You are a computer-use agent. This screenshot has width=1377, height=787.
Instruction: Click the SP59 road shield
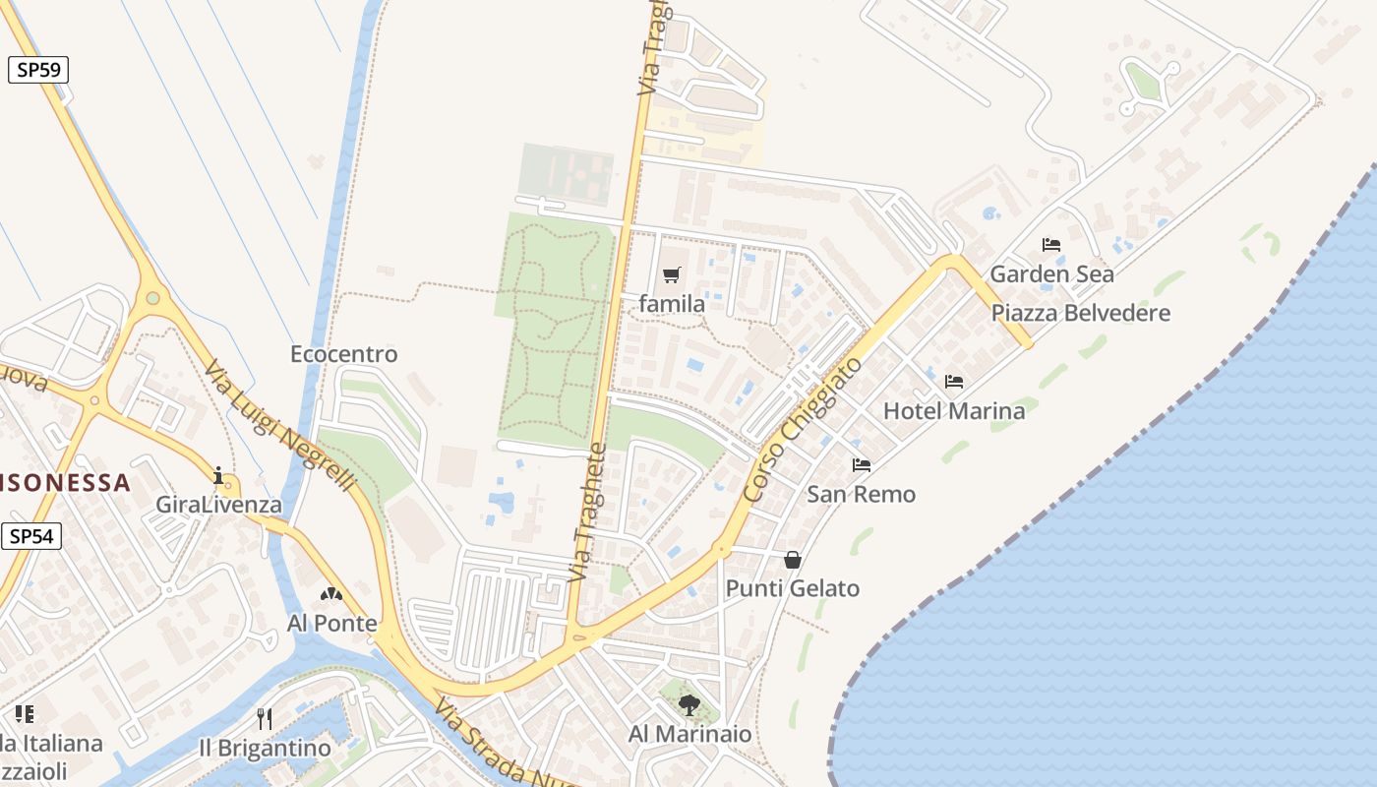tap(38, 70)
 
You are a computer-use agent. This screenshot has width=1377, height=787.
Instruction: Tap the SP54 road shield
tap(31, 536)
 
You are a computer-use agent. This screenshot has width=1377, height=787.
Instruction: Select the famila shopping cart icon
tap(672, 275)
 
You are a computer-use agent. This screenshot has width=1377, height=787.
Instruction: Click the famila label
tap(672, 304)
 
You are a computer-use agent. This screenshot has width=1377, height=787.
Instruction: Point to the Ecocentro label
tap(344, 354)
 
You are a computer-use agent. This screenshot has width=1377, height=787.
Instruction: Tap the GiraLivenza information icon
tap(218, 476)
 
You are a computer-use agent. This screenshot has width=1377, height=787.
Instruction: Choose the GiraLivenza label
tap(218, 506)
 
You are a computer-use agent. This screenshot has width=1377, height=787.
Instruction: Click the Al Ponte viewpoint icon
tap(331, 594)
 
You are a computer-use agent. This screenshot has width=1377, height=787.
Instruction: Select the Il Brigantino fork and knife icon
tap(264, 718)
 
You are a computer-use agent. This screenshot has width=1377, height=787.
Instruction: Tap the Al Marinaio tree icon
tap(689, 704)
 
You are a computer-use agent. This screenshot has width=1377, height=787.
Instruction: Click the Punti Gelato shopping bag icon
tap(793, 560)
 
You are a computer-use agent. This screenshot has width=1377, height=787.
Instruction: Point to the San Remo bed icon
tap(862, 465)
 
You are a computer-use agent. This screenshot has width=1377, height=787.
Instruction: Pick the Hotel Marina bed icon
tap(953, 382)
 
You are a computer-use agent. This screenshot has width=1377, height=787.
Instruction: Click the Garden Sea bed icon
tap(1051, 245)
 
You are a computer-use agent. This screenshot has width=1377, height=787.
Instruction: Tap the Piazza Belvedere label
tap(1081, 313)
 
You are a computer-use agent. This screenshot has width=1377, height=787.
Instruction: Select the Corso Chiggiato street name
tap(804, 430)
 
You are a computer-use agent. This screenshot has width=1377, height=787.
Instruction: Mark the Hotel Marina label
tap(954, 410)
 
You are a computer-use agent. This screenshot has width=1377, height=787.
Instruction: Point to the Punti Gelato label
tap(793, 588)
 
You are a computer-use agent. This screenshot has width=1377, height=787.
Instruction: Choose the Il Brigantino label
tap(265, 748)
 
